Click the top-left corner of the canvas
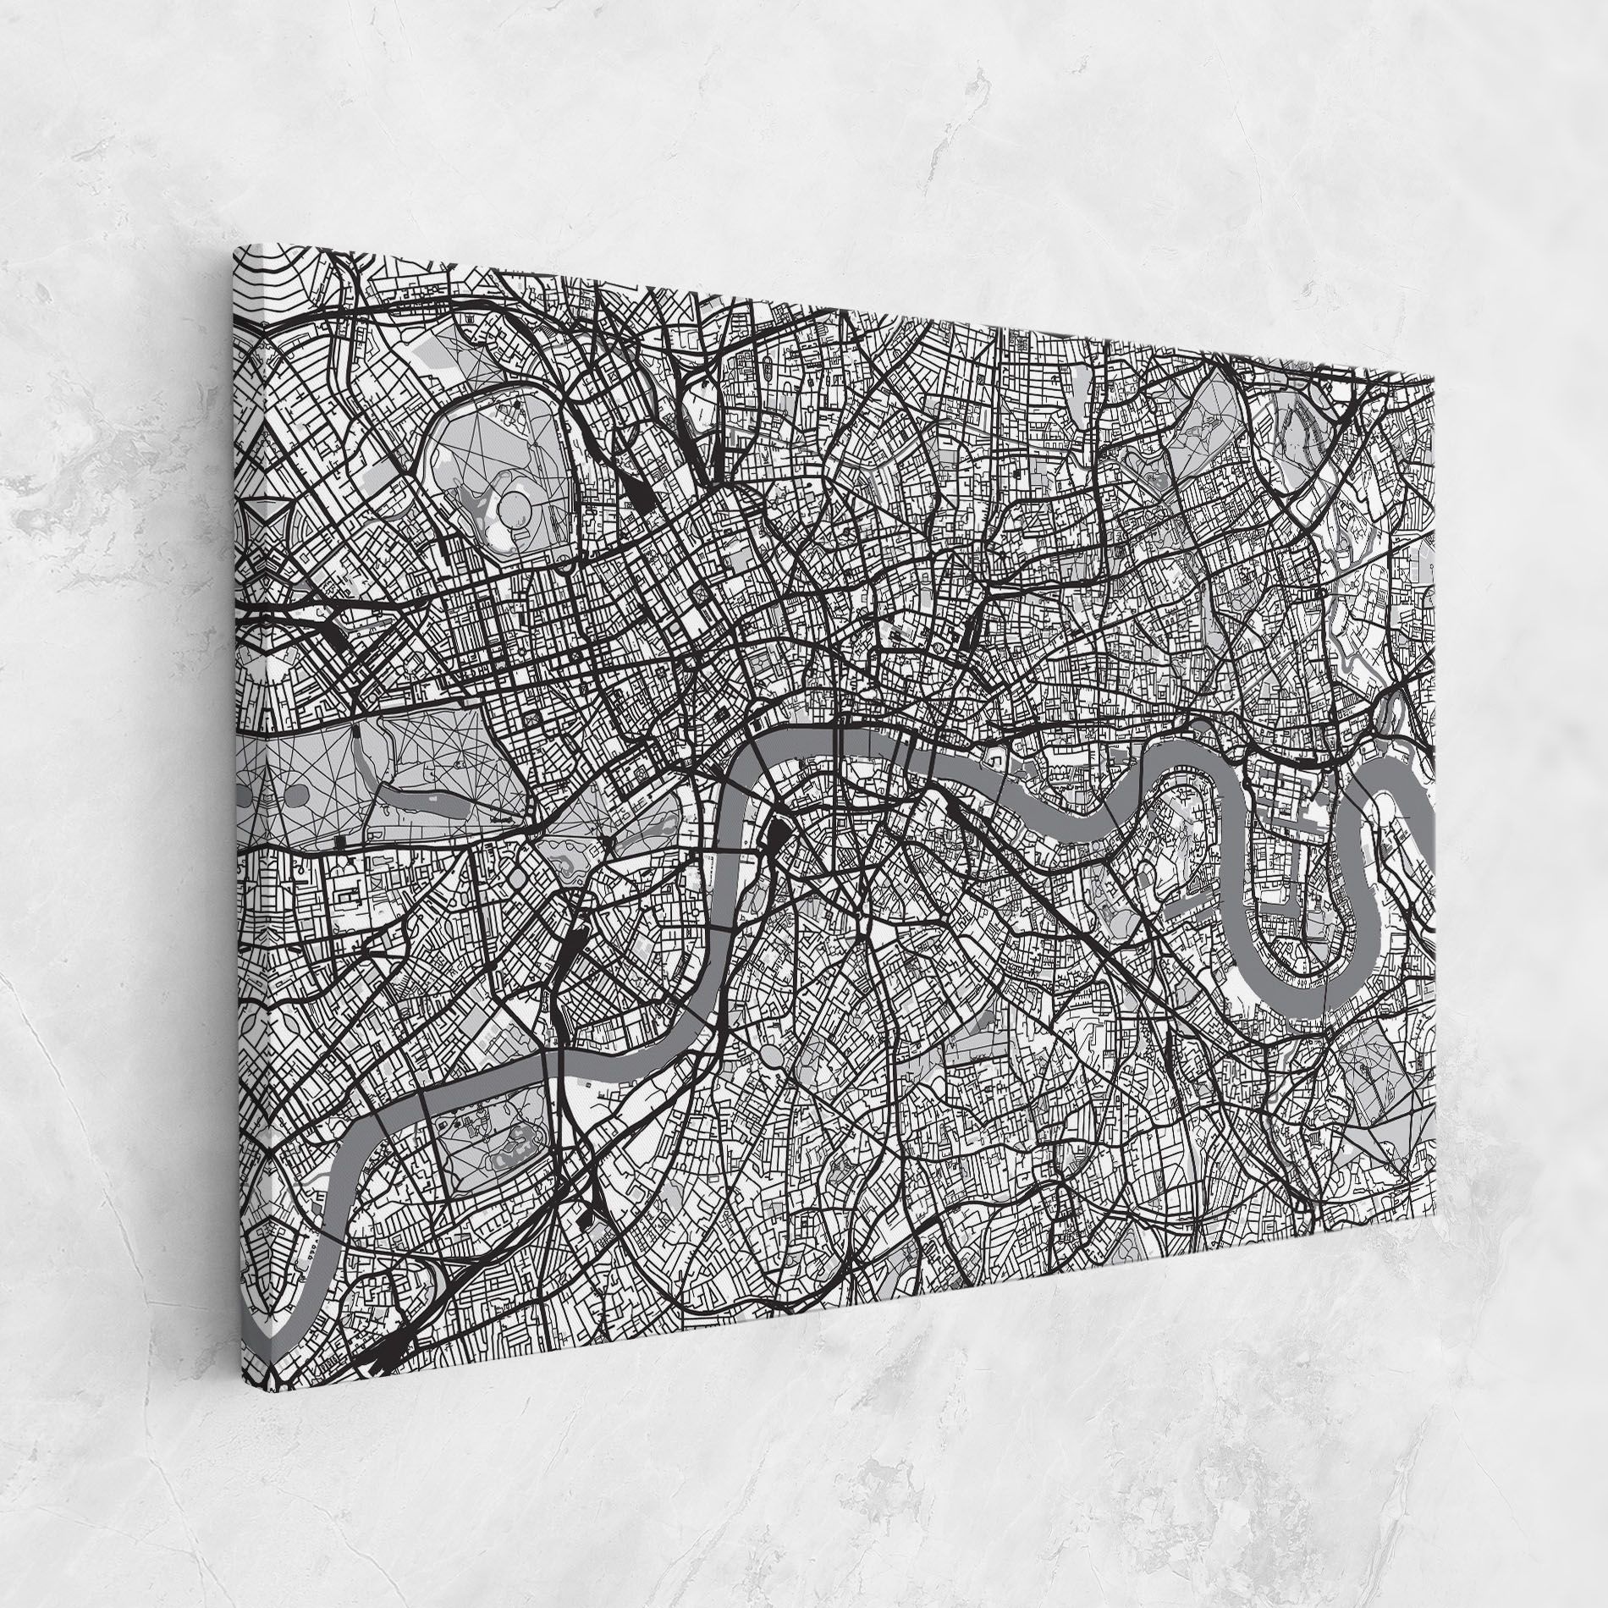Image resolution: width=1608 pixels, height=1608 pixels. tap(234, 245)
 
